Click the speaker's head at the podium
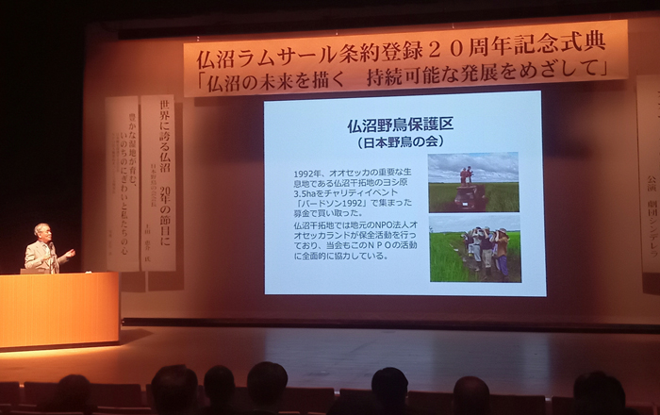[41, 232]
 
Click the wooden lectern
[58, 309]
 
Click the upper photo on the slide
[472, 182]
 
